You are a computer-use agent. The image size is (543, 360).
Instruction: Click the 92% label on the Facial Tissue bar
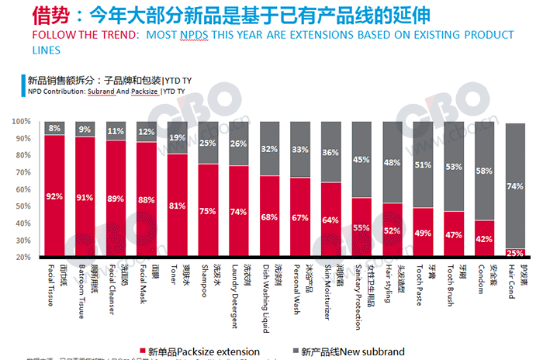tap(54, 196)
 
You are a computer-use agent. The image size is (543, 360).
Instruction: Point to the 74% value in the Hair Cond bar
tap(515, 186)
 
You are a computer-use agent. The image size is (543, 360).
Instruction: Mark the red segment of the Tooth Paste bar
tap(423, 233)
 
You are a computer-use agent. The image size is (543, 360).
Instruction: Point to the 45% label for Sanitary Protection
tap(361, 160)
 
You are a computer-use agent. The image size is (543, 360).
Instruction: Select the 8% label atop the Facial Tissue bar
tap(54, 128)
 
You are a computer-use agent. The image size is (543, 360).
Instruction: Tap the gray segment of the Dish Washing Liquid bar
tap(269, 149)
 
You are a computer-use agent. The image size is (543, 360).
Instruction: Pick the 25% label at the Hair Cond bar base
tap(515, 253)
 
